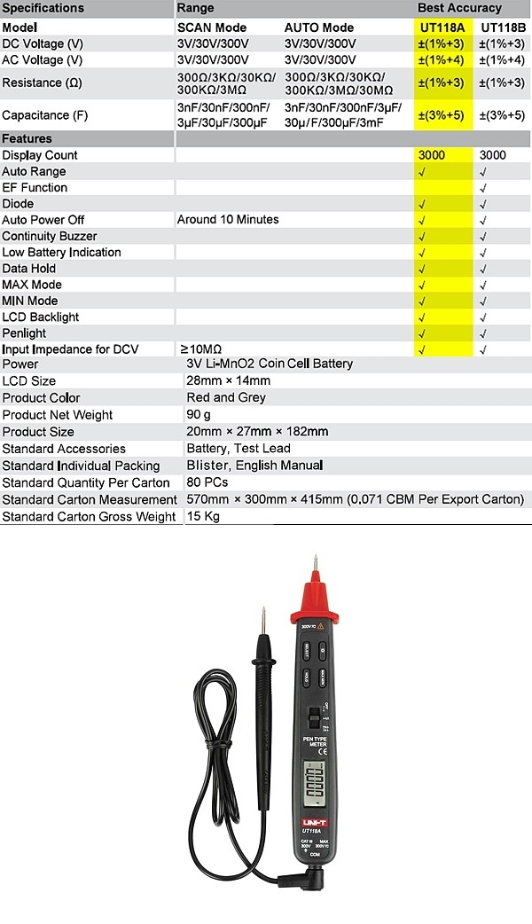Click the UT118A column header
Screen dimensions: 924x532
click(x=441, y=27)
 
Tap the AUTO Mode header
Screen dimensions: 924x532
click(x=319, y=27)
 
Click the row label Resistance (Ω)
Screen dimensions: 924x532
click(x=43, y=82)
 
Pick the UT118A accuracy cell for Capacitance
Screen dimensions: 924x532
click(x=441, y=115)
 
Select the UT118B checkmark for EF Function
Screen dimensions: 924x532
click(x=483, y=188)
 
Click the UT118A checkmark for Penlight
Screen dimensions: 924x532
click(x=422, y=333)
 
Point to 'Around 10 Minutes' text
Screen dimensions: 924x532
click(x=228, y=220)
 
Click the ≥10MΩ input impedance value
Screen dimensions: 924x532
click(x=201, y=349)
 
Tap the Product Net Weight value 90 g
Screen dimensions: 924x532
click(x=199, y=414)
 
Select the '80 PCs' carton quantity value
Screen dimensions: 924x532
click(x=207, y=482)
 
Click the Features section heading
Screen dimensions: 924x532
click(x=27, y=138)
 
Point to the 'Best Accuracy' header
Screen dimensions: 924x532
click(x=459, y=8)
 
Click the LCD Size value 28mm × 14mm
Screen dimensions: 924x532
click(x=229, y=380)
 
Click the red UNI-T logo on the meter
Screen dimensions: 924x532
click(x=315, y=822)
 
